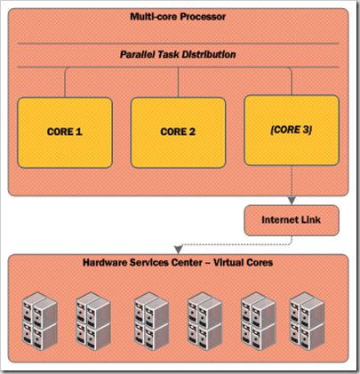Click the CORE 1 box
[65, 132]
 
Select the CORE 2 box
[178, 132]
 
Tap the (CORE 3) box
[292, 130]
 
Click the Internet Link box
[292, 220]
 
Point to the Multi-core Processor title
[178, 17]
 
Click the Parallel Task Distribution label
[178, 54]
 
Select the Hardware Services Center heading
[178, 262]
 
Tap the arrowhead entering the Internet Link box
[292, 201]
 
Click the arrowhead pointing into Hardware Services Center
[178, 251]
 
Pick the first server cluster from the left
[40, 322]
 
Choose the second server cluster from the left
[93, 322]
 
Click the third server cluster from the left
[151, 322]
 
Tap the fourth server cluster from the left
[204, 322]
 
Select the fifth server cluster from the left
[259, 322]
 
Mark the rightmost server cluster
[307, 322]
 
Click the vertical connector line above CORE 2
[178, 83]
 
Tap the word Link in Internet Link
[311, 220]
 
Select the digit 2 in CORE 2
[192, 131]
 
